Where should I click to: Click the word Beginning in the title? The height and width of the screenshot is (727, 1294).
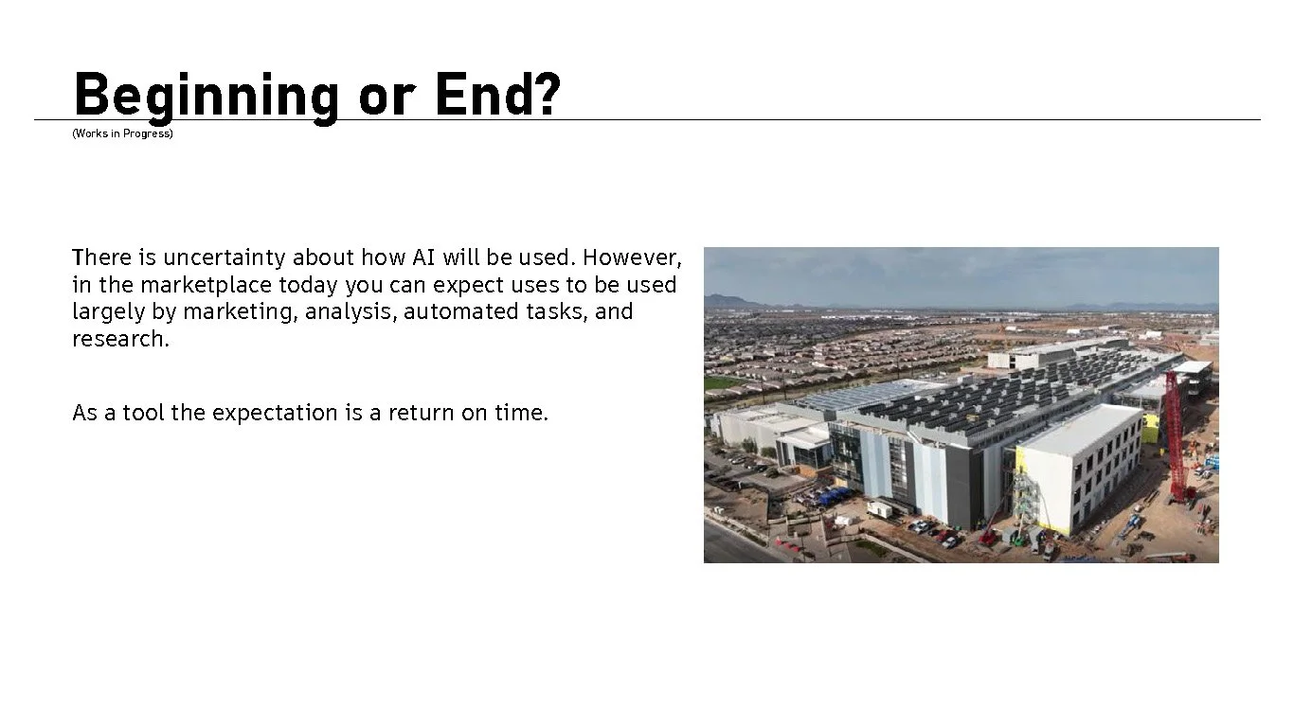pyautogui.click(x=206, y=96)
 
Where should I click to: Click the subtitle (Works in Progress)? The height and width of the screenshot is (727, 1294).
pyautogui.click(x=122, y=133)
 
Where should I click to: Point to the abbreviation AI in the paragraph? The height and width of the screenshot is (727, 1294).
pyautogui.click(x=422, y=257)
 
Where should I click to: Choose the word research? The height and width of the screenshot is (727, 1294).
pyautogui.click(x=120, y=339)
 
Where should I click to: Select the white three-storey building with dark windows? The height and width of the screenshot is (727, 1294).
pyautogui.click(x=1080, y=469)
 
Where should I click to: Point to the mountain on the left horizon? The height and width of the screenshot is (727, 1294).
pyautogui.click(x=728, y=301)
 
